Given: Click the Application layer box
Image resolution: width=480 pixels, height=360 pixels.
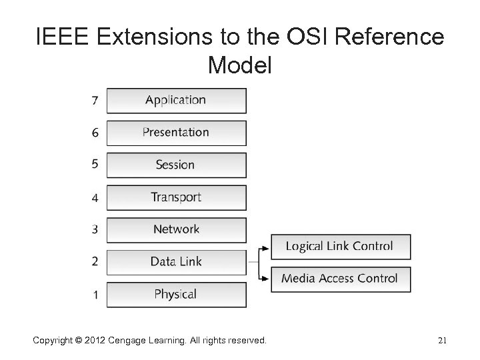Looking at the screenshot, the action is tap(176, 101).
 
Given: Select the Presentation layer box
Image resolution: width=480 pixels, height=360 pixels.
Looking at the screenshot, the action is tap(176, 133).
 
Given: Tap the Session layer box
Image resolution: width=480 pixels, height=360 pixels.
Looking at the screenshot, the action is tap(176, 165).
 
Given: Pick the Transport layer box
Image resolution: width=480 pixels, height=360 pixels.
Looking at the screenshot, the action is tap(176, 197).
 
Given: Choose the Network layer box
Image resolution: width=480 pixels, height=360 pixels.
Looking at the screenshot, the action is tap(176, 229).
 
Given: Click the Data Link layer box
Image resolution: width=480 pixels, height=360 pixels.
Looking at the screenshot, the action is tap(176, 261).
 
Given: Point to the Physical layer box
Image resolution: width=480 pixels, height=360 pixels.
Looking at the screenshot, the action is tap(176, 294).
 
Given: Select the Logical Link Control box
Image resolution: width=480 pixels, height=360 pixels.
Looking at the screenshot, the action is tap(340, 247).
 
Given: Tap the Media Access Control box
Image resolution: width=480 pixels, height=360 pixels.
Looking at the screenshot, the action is tap(340, 279).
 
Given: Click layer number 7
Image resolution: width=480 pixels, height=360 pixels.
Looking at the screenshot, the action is tap(95, 101).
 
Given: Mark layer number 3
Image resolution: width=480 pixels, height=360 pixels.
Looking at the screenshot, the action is tap(95, 229).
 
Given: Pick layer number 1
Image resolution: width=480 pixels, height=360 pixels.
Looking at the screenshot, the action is tap(95, 294).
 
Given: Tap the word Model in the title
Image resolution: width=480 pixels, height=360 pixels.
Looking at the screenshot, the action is tap(240, 65).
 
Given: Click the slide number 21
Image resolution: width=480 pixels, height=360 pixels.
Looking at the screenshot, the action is tap(441, 341).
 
